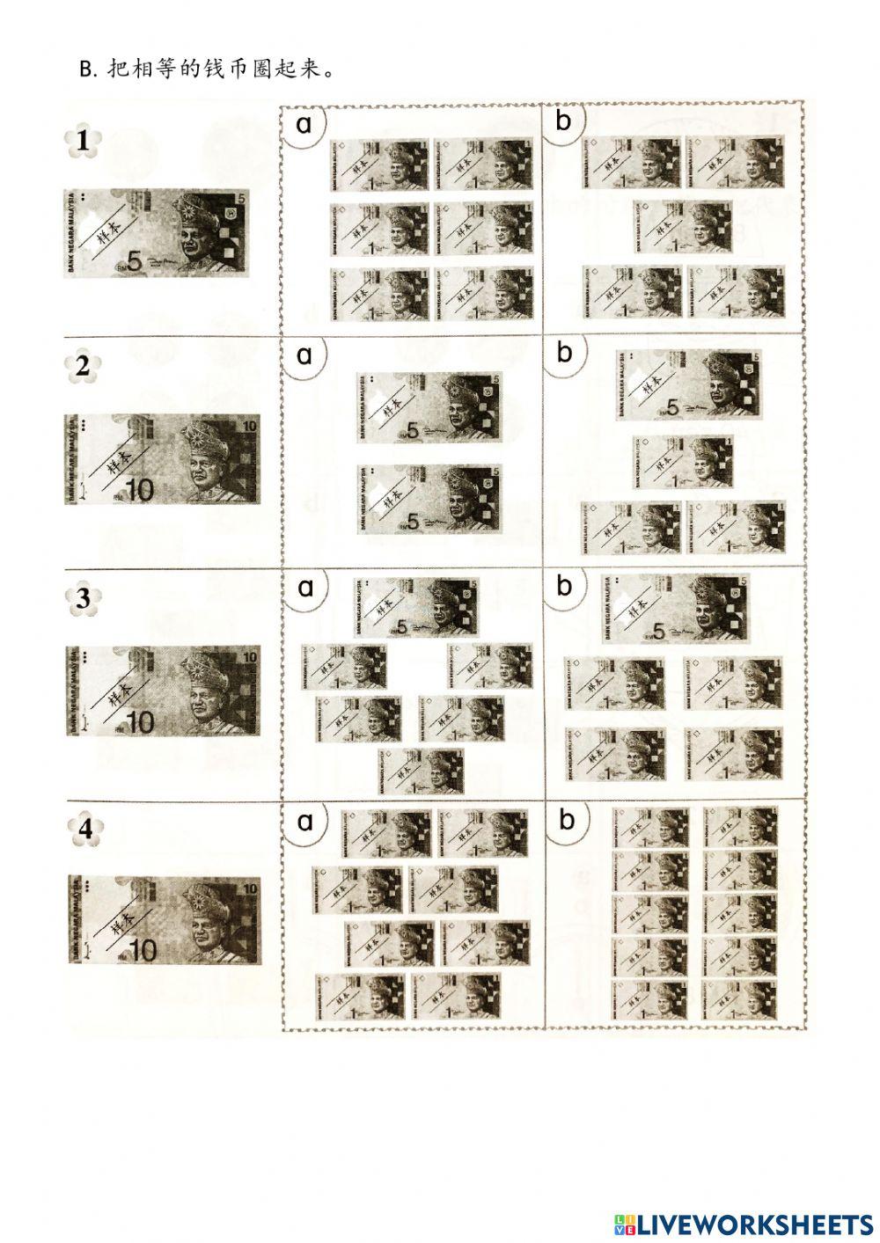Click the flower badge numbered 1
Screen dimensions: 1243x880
84,141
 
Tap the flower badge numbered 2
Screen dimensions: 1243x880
84,366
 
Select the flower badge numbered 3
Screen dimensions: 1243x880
84,598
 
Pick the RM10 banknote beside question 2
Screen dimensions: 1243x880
163,460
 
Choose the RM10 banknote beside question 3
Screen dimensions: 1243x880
163,691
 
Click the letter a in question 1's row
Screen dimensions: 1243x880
304,124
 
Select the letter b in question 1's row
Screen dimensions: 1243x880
563,121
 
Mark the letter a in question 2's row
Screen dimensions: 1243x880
304,355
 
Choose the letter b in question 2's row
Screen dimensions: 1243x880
564,353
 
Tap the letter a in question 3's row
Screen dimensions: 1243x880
305,587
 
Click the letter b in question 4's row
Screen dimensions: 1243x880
566,820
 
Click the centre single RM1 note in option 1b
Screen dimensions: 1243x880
682,226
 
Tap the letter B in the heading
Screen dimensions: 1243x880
86,69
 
